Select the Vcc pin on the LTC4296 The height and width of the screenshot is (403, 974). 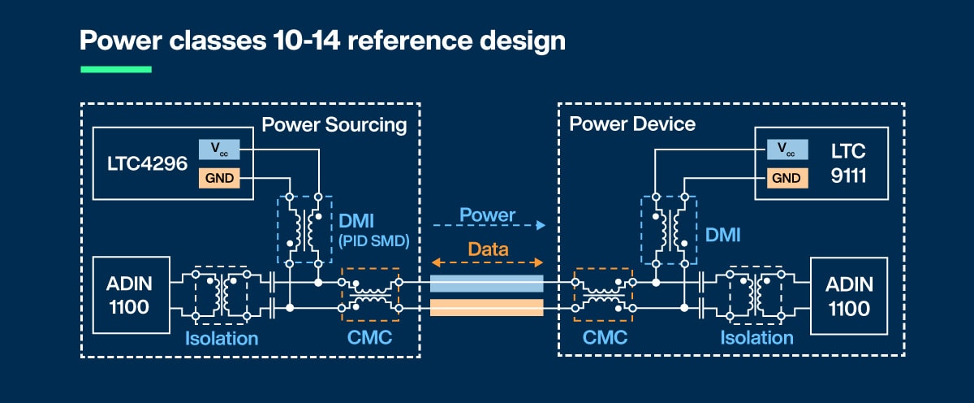[219, 149]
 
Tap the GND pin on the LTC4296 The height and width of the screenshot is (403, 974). [219, 177]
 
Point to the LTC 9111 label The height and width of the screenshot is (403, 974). [848, 162]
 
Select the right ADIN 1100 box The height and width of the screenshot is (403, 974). [848, 295]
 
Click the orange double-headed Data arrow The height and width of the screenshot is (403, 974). [487, 262]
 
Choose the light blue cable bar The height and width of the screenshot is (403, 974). [486, 284]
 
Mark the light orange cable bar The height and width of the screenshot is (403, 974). [486, 307]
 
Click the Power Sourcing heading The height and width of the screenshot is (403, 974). [334, 124]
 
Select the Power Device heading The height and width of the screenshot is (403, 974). [632, 124]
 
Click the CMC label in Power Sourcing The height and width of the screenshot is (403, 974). [368, 336]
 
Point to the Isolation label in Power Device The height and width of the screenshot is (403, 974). [756, 336]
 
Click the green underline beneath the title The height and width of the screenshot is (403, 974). [116, 70]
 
